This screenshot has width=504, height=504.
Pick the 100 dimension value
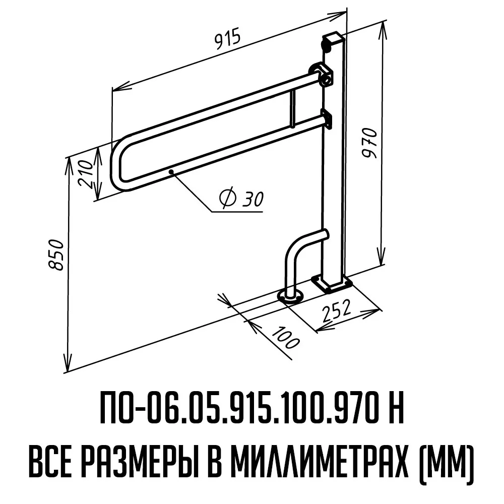click(285, 339)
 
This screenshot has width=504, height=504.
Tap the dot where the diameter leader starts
click(172, 172)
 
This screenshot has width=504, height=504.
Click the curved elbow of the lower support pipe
click(295, 249)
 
